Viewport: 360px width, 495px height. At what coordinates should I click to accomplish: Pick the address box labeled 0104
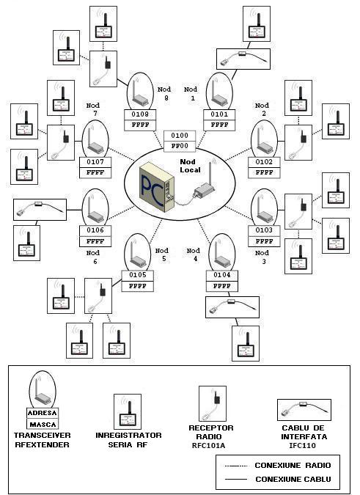222,275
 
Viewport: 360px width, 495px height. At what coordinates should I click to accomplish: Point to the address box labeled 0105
138,276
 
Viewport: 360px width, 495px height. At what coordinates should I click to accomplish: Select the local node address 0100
179,136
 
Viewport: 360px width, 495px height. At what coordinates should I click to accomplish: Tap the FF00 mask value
179,145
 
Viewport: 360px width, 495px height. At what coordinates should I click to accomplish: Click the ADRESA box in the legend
42,413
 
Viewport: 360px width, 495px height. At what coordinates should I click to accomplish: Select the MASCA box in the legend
42,424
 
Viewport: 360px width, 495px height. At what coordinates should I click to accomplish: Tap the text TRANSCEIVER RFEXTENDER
43,439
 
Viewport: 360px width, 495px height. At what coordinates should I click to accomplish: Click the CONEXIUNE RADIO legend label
292,465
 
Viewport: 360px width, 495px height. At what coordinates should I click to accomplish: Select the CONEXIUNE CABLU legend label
292,479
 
